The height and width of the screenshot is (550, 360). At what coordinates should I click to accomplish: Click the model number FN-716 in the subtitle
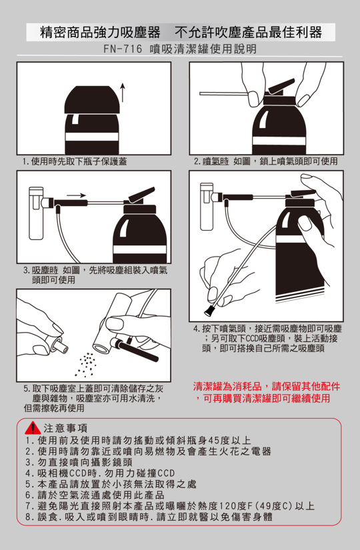click(x=123, y=49)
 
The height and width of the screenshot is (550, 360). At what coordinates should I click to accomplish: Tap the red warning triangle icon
click(x=33, y=428)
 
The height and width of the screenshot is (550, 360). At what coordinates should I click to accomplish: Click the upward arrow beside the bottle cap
click(x=123, y=92)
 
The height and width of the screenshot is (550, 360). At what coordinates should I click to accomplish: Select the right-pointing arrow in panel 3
click(x=77, y=195)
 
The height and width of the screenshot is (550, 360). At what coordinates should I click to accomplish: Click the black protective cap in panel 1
click(x=92, y=99)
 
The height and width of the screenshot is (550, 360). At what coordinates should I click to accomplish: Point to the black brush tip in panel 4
click(x=209, y=311)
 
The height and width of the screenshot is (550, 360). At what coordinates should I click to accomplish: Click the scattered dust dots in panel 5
click(x=86, y=363)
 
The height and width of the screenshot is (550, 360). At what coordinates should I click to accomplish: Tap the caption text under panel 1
click(x=74, y=161)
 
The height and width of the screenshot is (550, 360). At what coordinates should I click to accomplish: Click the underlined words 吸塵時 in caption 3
click(x=45, y=271)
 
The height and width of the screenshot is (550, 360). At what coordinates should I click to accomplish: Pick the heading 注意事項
click(x=65, y=428)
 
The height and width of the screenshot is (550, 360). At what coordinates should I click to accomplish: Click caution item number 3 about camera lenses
click(x=79, y=462)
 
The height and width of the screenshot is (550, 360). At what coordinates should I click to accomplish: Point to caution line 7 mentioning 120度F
click(x=170, y=506)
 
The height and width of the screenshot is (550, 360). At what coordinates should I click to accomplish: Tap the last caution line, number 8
click(x=149, y=517)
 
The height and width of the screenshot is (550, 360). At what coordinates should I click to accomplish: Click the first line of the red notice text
click(x=267, y=387)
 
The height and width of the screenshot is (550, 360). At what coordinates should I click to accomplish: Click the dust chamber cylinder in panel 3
click(x=36, y=213)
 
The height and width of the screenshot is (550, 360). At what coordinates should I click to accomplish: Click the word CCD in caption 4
click(x=251, y=339)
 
